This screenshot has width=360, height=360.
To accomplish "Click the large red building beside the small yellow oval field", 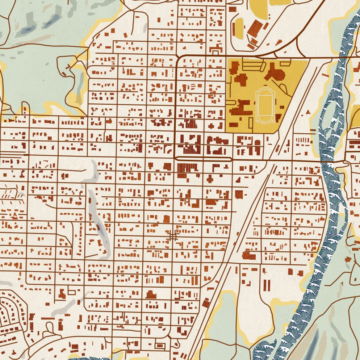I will tap(255, 28).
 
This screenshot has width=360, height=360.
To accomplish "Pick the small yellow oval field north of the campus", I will tap(239, 29).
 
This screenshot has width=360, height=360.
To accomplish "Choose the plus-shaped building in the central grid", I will tap(210, 179).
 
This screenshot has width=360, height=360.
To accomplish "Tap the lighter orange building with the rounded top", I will tap(166, 219).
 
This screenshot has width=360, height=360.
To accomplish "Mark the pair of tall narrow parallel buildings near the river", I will tap(267, 285).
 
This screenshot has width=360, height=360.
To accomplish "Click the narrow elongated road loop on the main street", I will tap(203, 159).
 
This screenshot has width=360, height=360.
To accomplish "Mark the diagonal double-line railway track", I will tap(232, 254).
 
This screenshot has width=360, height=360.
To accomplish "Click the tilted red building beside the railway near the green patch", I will tap(206, 303).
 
